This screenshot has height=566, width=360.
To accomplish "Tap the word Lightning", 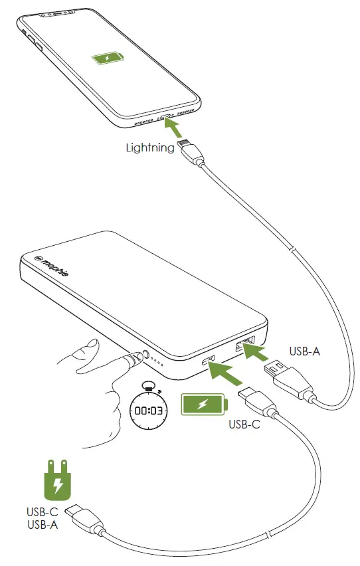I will click(150, 147).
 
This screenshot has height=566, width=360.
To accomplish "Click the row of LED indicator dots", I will click(157, 363).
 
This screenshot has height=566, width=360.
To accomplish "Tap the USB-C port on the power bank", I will click(208, 361).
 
